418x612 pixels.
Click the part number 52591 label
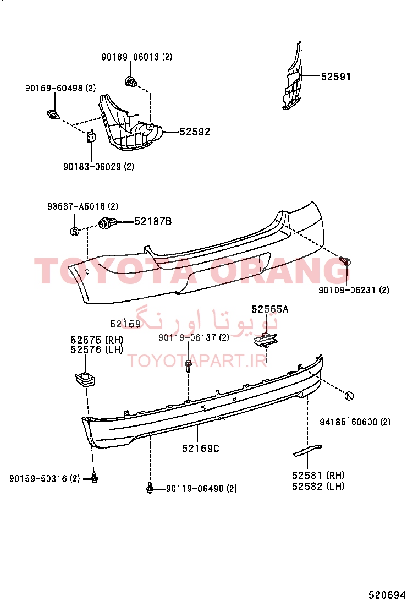click(x=335, y=76)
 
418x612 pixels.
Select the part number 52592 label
click(x=195, y=132)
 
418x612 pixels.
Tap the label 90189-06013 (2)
click(x=137, y=57)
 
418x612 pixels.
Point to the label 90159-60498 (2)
click(x=61, y=88)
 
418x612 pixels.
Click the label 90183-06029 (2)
click(x=98, y=167)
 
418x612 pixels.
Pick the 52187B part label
click(x=153, y=222)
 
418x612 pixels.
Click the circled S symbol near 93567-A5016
click(x=74, y=232)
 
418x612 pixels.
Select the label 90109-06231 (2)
click(x=354, y=290)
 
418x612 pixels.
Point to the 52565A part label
click(x=270, y=309)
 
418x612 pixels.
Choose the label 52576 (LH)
click(x=97, y=350)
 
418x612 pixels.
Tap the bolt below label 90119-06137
click(x=188, y=366)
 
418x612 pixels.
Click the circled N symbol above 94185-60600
click(x=349, y=396)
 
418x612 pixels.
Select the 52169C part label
click(x=201, y=449)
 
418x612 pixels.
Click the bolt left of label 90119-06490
click(x=150, y=488)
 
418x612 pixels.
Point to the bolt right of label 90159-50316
click(x=94, y=478)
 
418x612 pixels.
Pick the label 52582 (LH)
click(x=318, y=487)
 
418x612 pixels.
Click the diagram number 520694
click(x=387, y=595)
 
